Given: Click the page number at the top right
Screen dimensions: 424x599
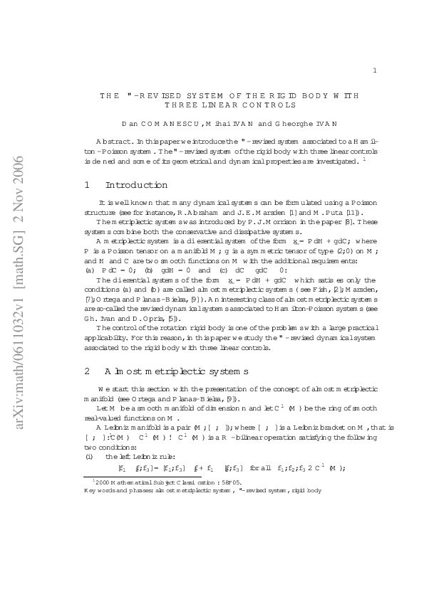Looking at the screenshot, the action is pyautogui.click(x=375, y=70).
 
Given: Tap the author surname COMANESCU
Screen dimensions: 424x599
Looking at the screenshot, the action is pyautogui.click(x=160, y=124).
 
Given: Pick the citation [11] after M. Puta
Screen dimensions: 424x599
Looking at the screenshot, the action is pyautogui.click(x=346, y=213).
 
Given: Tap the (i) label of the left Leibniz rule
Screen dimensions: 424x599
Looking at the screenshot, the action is pyautogui.click(x=90, y=436).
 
